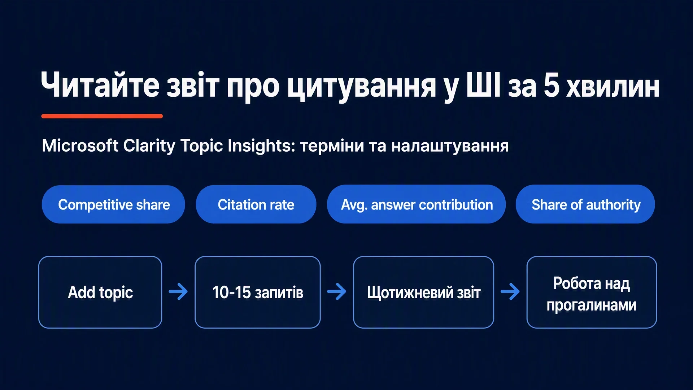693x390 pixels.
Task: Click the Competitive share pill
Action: point(113,204)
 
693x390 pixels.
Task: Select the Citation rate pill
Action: point(256,204)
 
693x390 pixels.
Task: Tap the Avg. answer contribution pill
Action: point(416,204)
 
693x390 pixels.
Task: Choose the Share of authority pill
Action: point(585,204)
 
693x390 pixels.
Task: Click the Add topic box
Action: point(100,292)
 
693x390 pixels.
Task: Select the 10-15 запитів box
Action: point(257,292)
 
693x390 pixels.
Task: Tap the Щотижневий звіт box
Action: point(423,292)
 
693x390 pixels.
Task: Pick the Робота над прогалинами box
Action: point(592,292)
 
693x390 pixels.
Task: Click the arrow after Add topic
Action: point(178,291)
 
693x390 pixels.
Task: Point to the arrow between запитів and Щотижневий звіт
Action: point(337,291)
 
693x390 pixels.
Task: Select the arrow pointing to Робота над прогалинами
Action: point(510,291)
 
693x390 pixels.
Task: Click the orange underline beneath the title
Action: point(102,116)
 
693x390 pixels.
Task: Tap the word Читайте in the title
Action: point(100,85)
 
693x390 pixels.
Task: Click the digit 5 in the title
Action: point(552,85)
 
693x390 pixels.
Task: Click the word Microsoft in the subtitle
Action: point(80,146)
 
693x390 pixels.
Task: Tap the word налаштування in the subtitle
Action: point(450,146)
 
